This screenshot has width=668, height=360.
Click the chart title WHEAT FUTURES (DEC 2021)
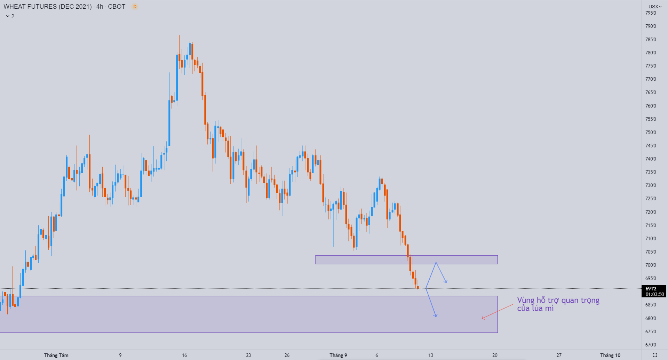pyautogui.click(x=48, y=7)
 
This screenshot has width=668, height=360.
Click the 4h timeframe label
pyautogui.click(x=100, y=7)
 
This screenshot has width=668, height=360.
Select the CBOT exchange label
pyautogui.click(x=117, y=7)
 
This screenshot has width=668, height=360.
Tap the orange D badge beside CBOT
pyautogui.click(x=135, y=7)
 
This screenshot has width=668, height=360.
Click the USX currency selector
pyautogui.click(x=655, y=7)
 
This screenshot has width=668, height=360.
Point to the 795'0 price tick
pyautogui.click(x=651, y=13)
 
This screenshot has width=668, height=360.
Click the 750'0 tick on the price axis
pyautogui.click(x=651, y=132)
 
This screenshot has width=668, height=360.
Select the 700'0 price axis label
pyautogui.click(x=651, y=265)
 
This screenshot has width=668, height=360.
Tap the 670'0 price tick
pyautogui.click(x=651, y=344)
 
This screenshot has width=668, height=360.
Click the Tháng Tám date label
pyautogui.click(x=56, y=355)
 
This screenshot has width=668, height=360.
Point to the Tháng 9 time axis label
pyautogui.click(x=338, y=355)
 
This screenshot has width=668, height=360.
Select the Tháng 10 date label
pyautogui.click(x=610, y=355)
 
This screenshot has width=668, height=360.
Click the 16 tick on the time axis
pyautogui.click(x=184, y=355)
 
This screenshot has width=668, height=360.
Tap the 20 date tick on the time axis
pyautogui.click(x=495, y=355)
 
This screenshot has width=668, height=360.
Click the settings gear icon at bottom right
pyautogui.click(x=655, y=355)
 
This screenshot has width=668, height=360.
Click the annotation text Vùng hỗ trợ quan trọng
pyautogui.click(x=558, y=301)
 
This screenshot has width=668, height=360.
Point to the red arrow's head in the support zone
pyautogui.click(x=482, y=318)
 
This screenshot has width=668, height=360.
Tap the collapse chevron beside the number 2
pyautogui.click(x=8, y=16)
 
